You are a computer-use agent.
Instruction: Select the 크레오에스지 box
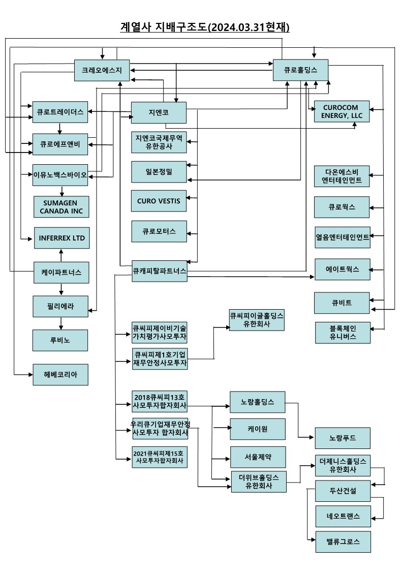coord(102,70)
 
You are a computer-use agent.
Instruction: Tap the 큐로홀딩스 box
coord(300,70)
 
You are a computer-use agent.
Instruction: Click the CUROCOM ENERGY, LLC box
coord(342,111)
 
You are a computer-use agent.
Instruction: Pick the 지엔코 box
coord(159,112)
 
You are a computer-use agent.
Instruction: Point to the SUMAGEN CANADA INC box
coord(61,207)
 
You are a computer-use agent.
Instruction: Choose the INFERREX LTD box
coord(61,238)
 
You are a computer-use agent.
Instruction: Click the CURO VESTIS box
coord(159,200)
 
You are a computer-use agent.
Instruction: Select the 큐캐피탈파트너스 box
coord(159,271)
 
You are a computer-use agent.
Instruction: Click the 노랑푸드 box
coord(342,438)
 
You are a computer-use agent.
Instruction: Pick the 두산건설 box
coord(342,491)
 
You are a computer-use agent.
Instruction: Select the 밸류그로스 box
coord(342,542)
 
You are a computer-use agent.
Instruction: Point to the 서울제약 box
coord(258,457)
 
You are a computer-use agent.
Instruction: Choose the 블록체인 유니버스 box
coord(342,333)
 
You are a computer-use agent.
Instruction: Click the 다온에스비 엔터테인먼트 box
coord(342,176)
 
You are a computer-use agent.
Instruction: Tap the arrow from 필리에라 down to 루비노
coord(61,322)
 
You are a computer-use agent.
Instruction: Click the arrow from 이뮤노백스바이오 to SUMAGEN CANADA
coord(61,191)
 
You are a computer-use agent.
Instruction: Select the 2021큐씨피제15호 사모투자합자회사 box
coord(159,456)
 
